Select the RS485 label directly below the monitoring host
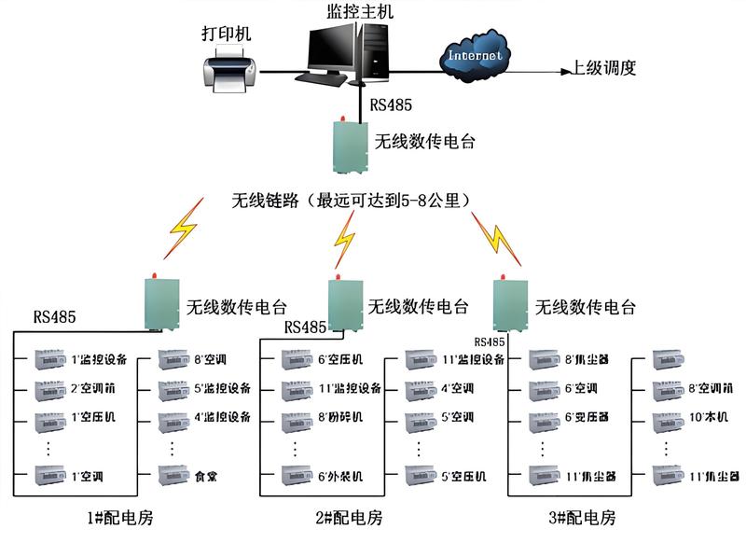pyautogui.click(x=391, y=105)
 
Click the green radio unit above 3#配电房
pyautogui.click(x=510, y=305)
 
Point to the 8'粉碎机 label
pyautogui.click(x=340, y=417)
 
